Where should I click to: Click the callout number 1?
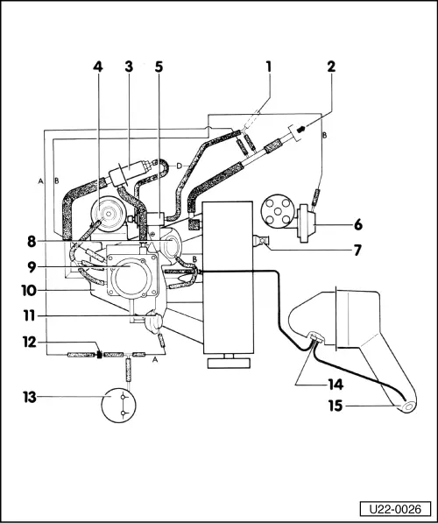(x=269, y=67)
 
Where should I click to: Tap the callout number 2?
(x=331, y=67)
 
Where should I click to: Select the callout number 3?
(x=129, y=67)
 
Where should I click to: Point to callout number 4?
(x=98, y=67)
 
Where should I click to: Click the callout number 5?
(x=159, y=67)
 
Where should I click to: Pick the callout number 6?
(x=358, y=225)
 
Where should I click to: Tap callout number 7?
(x=357, y=251)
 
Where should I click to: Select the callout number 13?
(x=30, y=397)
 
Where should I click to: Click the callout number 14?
(x=336, y=385)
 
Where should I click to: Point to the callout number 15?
(x=336, y=406)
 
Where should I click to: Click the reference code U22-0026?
(x=395, y=509)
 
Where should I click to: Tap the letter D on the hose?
(x=179, y=166)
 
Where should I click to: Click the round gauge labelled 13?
(x=119, y=405)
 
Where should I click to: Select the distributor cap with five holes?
(x=277, y=211)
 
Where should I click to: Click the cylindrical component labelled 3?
(x=130, y=172)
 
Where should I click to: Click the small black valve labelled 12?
(x=99, y=354)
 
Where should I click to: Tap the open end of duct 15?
(x=408, y=407)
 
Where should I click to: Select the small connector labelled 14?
(x=315, y=336)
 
